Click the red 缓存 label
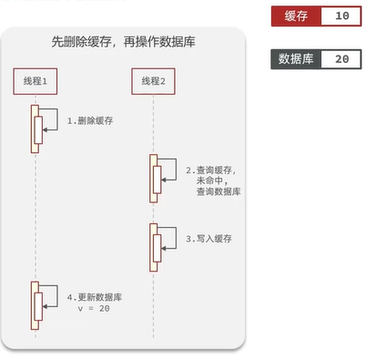(x=296, y=16)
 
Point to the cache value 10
(x=341, y=16)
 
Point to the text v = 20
(x=94, y=310)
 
